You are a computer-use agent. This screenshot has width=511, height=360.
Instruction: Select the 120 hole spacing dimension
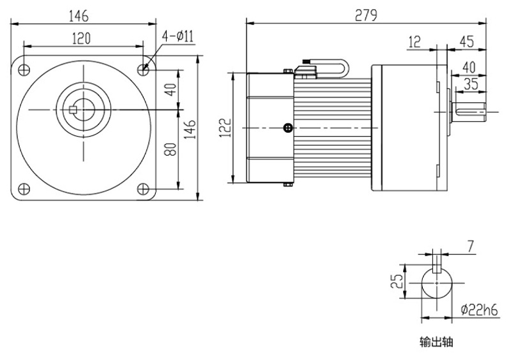(x=80, y=39)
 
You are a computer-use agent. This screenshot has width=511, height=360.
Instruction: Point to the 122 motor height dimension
(x=225, y=128)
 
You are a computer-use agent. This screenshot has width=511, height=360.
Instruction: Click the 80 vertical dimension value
(x=171, y=149)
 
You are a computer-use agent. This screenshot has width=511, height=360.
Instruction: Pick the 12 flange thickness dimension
(x=414, y=43)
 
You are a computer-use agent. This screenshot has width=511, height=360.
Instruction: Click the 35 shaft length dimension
(x=471, y=84)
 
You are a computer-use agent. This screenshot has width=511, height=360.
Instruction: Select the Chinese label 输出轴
(x=436, y=342)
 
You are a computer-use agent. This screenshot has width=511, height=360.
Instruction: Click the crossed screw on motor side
(x=289, y=129)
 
